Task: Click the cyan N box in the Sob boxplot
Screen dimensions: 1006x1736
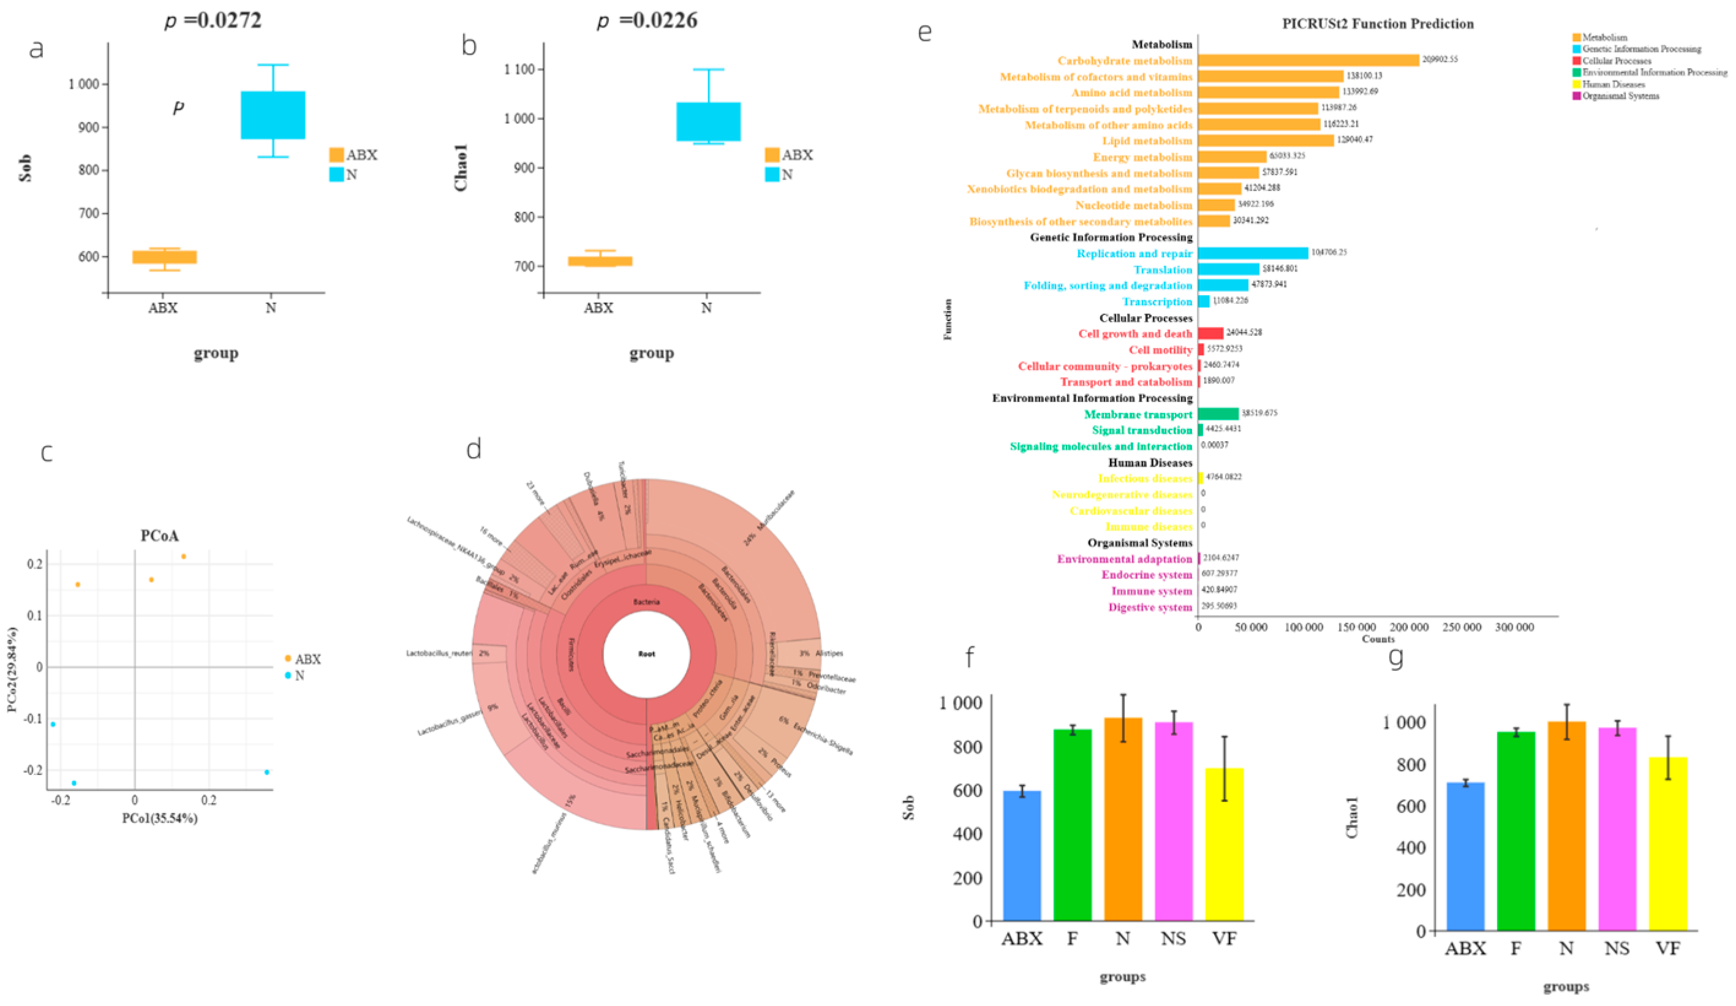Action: pyautogui.click(x=273, y=115)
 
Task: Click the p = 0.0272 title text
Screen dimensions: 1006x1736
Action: pyautogui.click(x=213, y=21)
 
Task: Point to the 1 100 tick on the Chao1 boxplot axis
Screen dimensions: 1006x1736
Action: pyautogui.click(x=519, y=70)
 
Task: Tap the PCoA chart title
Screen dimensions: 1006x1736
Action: pyautogui.click(x=159, y=535)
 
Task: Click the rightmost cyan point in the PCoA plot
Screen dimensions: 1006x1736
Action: pyautogui.click(x=266, y=772)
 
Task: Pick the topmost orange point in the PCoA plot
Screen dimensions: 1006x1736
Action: pyautogui.click(x=183, y=556)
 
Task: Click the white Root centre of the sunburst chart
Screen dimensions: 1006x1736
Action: pyautogui.click(x=646, y=654)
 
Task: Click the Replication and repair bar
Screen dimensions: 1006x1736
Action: pyautogui.click(x=1253, y=253)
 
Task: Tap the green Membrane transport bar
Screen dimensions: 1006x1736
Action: pyautogui.click(x=1218, y=414)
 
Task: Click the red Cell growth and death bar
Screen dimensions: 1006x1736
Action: pyautogui.click(x=1210, y=333)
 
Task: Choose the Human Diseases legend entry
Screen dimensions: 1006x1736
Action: pyautogui.click(x=1613, y=84)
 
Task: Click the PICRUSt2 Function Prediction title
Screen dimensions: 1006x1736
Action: pyautogui.click(x=1377, y=24)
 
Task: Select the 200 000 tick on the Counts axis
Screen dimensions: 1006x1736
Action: pyautogui.click(x=1409, y=627)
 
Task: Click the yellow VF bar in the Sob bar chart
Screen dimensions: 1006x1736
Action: pyautogui.click(x=1224, y=844)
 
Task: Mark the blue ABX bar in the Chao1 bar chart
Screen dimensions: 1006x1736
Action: pyautogui.click(x=1465, y=856)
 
